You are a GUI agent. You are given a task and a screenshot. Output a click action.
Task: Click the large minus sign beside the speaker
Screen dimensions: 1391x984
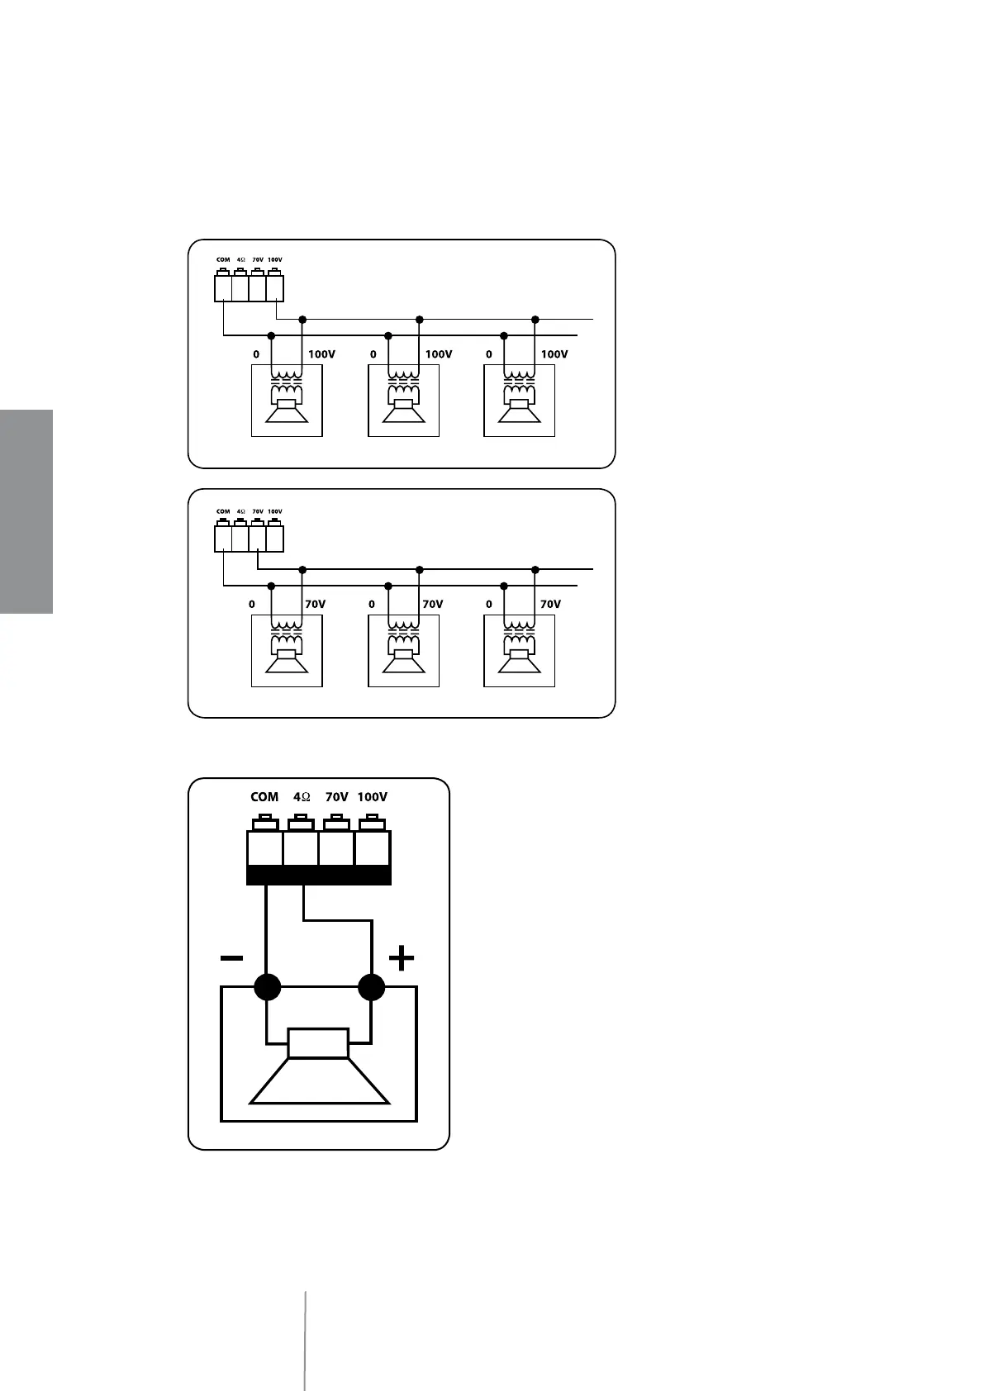(231, 958)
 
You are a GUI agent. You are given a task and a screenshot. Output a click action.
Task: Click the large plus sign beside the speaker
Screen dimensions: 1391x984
(401, 958)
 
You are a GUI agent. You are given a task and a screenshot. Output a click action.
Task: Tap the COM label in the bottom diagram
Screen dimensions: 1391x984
(264, 797)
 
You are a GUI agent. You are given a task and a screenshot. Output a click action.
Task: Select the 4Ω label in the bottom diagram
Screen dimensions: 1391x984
(302, 797)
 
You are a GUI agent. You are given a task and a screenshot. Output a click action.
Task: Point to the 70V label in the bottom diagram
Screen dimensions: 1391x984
(336, 797)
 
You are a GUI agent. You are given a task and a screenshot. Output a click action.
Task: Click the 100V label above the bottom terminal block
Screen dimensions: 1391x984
(372, 797)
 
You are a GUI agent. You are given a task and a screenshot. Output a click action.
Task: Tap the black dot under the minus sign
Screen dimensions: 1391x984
(267, 987)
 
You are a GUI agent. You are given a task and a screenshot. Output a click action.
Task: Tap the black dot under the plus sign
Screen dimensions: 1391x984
(372, 987)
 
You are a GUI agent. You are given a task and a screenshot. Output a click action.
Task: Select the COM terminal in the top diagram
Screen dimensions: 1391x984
(223, 287)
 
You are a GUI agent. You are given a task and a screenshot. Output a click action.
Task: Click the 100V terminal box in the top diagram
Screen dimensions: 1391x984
(275, 287)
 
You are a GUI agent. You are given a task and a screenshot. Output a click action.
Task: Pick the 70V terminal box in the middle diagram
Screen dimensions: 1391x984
(258, 539)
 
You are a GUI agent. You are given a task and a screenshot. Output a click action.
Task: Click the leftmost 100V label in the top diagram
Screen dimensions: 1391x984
(321, 354)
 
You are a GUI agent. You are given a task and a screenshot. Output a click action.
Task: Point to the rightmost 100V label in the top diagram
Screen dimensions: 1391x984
(554, 354)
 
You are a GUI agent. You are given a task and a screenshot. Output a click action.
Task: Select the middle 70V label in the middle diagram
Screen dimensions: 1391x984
(432, 605)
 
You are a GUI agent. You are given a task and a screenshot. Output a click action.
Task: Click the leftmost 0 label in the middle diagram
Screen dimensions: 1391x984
(252, 605)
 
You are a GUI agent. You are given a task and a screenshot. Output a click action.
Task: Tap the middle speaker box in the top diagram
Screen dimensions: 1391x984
(403, 401)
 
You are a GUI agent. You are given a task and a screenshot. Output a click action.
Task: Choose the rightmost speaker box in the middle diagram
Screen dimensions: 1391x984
(519, 651)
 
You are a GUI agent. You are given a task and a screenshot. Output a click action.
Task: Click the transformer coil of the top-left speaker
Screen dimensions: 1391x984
(287, 386)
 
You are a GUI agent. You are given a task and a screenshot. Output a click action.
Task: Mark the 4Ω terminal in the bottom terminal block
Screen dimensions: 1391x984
(301, 848)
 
